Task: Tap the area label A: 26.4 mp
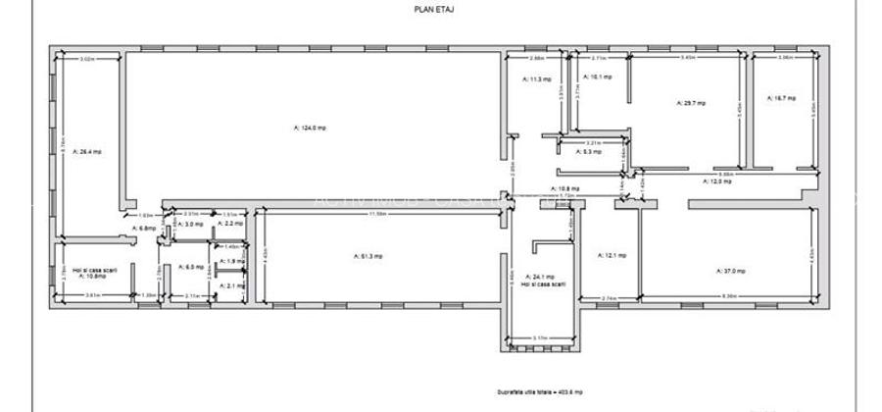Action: click(x=90, y=151)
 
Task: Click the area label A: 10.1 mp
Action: click(x=597, y=77)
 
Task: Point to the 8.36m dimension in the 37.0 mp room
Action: click(x=729, y=297)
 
